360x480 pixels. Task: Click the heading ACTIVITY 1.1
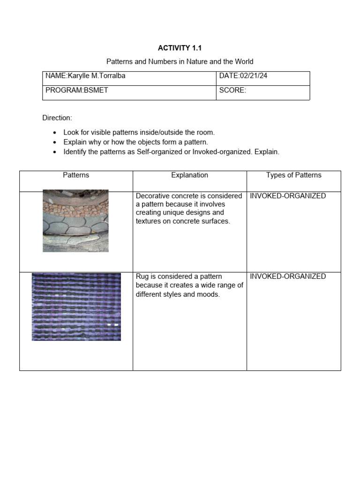[x=180, y=48]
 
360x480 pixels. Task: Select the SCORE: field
[x=232, y=90]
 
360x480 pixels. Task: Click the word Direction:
[x=57, y=118]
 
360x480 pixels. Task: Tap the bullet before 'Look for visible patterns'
[x=55, y=133]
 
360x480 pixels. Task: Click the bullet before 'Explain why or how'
[x=55, y=142]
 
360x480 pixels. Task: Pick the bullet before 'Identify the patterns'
[x=55, y=152]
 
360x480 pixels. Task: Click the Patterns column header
[x=76, y=175]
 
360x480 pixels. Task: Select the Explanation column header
[x=189, y=175]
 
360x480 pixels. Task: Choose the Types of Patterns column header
[x=293, y=175]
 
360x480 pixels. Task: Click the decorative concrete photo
[x=75, y=220]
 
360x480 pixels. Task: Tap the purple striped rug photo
[x=76, y=307]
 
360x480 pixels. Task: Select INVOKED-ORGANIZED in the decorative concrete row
[x=287, y=196]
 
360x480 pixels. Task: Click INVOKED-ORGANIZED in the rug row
[x=287, y=277]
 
